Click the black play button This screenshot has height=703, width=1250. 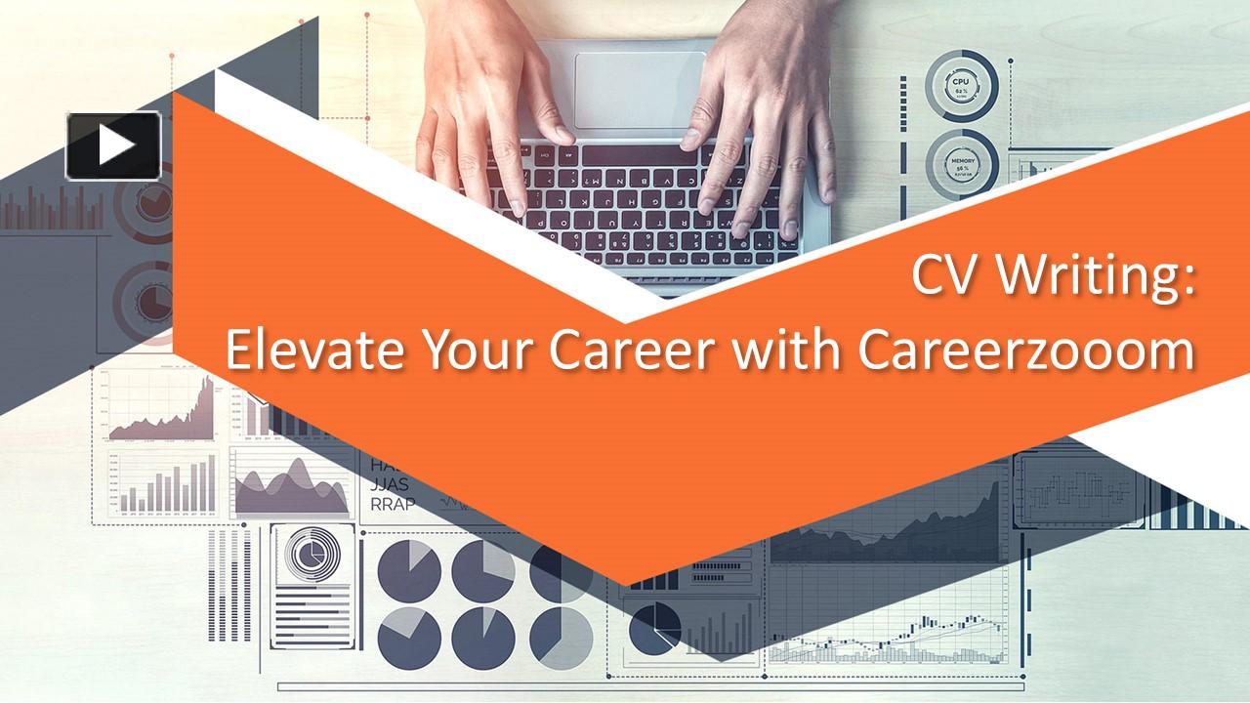tap(113, 145)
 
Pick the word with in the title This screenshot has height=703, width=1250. tap(794, 351)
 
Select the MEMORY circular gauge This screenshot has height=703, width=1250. tap(961, 162)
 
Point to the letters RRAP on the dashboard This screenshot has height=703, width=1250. tap(392, 504)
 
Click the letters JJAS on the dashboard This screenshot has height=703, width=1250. tap(390, 484)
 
